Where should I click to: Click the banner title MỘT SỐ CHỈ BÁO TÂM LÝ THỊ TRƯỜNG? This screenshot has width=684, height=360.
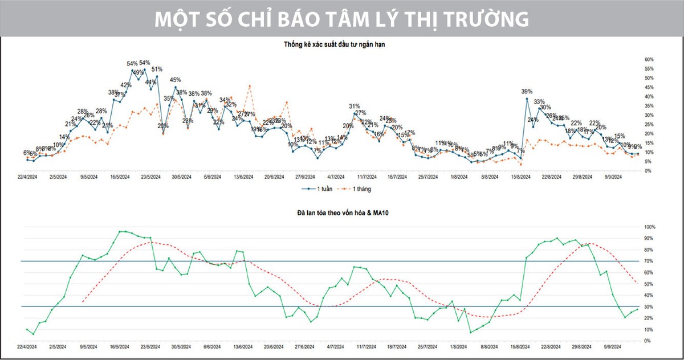coord(342,19)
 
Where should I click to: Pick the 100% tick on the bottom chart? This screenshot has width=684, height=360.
coord(650,227)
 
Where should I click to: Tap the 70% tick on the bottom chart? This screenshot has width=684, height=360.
coord(650,261)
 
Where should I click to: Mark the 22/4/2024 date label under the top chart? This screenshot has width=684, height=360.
coord(28,178)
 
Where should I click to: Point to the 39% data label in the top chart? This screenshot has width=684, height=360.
coord(527,91)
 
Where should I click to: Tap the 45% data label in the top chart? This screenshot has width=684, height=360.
coord(176,80)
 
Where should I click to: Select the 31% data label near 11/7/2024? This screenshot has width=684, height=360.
coord(355,107)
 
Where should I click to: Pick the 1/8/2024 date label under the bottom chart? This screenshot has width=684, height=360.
coord(458,347)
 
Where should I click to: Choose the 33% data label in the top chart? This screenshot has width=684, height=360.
coord(539,102)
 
